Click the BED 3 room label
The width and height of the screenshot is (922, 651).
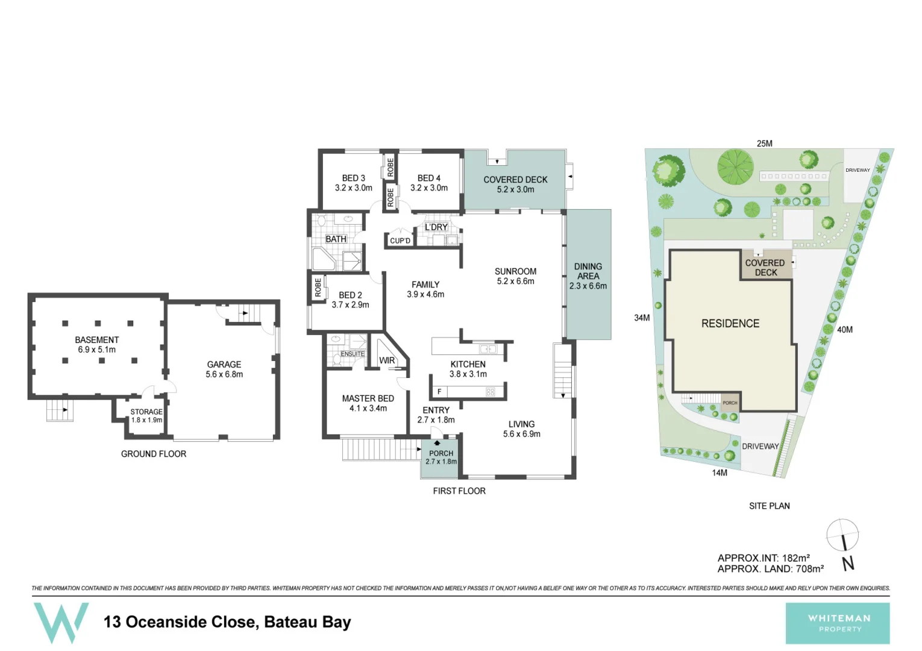point(354,183)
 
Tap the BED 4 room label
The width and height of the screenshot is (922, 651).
point(429,183)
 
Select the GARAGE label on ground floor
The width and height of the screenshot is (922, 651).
point(224,369)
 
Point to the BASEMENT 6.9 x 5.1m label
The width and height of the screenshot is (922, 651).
point(96,344)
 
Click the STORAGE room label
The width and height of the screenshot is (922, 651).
point(146,415)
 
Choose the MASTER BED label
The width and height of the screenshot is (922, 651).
point(368,403)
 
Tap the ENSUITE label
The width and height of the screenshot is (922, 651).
point(353,354)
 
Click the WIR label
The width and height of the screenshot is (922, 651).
point(387,360)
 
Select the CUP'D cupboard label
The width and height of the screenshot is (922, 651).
point(400,241)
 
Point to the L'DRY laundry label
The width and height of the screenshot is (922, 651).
point(436,227)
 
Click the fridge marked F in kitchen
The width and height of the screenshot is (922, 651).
point(439,392)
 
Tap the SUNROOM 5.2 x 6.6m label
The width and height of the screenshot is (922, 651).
point(515,276)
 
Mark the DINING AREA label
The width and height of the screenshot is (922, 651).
point(588,275)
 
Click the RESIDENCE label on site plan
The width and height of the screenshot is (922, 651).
point(730,324)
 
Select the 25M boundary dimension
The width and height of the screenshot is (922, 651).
point(764,143)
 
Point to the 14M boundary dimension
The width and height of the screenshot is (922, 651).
point(720,473)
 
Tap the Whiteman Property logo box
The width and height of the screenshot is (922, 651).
point(838,623)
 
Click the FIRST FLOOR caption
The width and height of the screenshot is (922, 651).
point(459,491)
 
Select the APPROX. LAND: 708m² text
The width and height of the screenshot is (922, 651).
point(770,568)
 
